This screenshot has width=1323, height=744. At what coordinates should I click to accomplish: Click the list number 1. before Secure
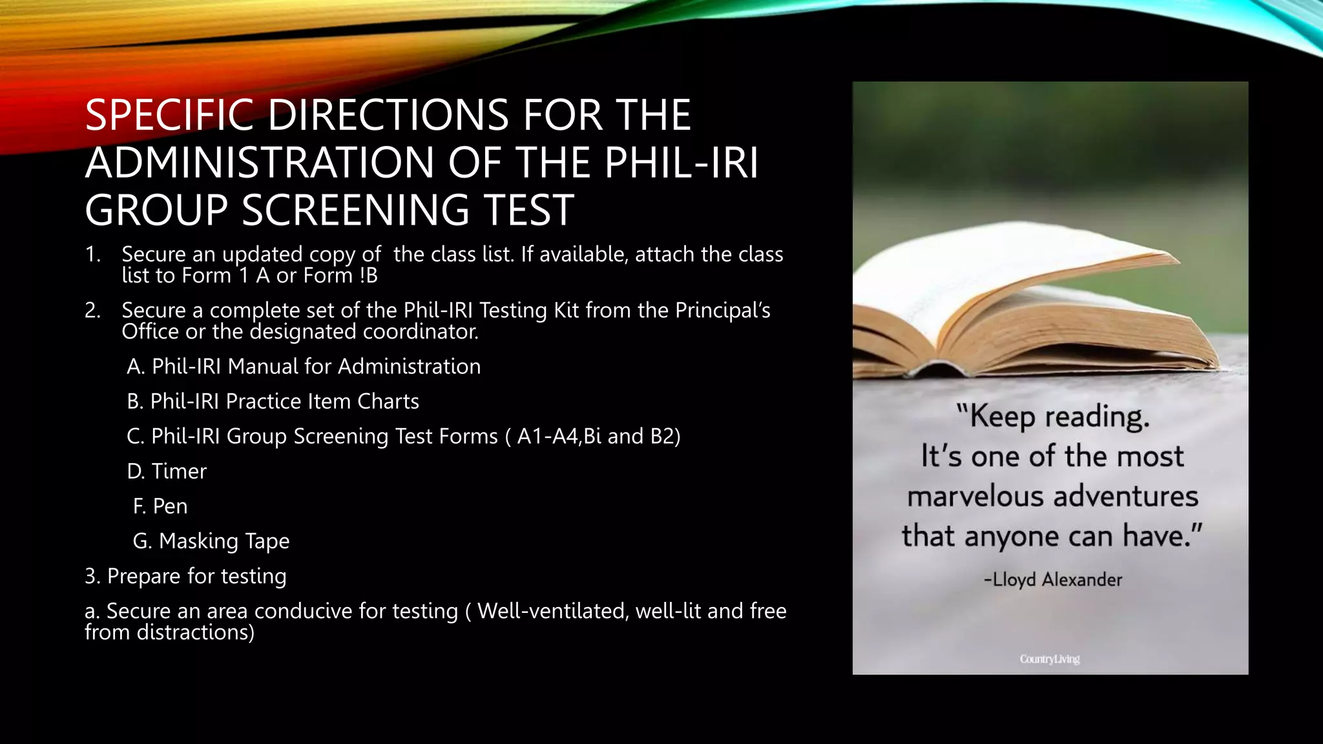click(x=93, y=254)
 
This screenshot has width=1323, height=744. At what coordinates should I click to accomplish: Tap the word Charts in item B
click(x=388, y=402)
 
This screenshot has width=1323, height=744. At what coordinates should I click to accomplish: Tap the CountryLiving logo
click(x=1050, y=659)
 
